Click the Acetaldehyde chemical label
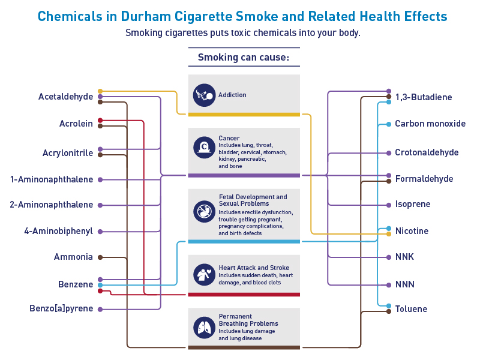[x=65, y=97]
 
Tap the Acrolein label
[x=76, y=124]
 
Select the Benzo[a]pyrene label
[x=61, y=309]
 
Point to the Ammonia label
[x=73, y=257]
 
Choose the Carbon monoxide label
[x=430, y=124]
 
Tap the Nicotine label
[x=412, y=231]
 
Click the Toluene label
[x=411, y=309]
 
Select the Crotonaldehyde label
[x=427, y=152]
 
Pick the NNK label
[x=404, y=257]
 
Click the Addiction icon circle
[x=204, y=95]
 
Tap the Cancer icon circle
[x=204, y=146]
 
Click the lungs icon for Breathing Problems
[x=204, y=328]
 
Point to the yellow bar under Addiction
[x=244, y=114]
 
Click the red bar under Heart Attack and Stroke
[x=244, y=295]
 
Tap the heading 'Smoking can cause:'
[x=244, y=58]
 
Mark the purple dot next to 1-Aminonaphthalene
[x=100, y=179]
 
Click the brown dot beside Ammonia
[x=100, y=257]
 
